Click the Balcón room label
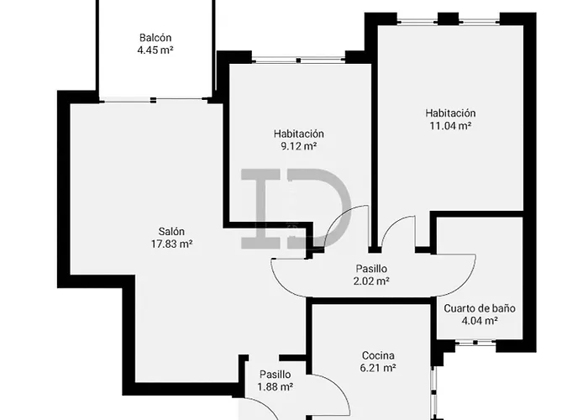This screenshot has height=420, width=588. (x=155, y=38)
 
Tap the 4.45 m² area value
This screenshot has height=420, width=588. (x=155, y=50)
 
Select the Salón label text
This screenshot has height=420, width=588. (x=171, y=232)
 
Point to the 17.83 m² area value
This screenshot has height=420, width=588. (x=171, y=244)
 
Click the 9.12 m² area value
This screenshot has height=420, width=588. (x=298, y=146)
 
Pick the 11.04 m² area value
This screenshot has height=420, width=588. (x=450, y=126)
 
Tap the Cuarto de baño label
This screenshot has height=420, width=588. (x=480, y=308)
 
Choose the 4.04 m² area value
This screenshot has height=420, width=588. (x=480, y=321)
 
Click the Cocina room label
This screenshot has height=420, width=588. (x=378, y=355)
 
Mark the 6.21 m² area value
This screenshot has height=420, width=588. (x=378, y=368)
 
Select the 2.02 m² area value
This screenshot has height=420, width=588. (x=370, y=281)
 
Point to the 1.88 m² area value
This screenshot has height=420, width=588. (x=275, y=387)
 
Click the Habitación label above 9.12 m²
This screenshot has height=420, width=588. (x=298, y=134)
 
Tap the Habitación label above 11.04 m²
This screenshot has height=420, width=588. (x=450, y=113)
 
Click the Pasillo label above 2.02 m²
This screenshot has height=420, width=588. (x=370, y=269)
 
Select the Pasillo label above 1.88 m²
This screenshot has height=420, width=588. (x=275, y=375)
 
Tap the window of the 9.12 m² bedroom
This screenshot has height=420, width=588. (x=298, y=59)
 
